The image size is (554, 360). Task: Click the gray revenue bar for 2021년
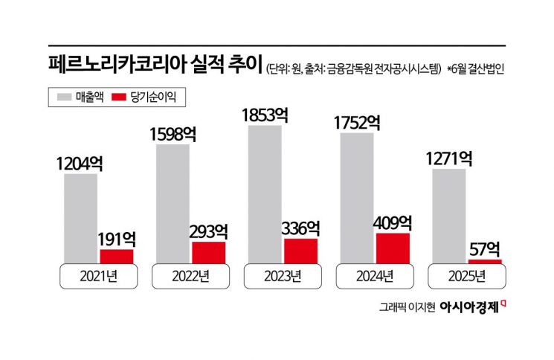tap(80, 219)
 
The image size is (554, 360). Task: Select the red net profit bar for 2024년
tap(393, 248)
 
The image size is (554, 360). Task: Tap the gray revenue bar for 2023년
tap(265, 194)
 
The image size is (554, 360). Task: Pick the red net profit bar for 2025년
tap(485, 261)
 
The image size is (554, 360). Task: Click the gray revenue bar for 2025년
tap(448, 216)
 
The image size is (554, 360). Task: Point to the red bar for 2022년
tap(208, 252)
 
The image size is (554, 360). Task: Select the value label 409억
tap(394, 222)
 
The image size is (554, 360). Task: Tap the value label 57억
tap(485, 248)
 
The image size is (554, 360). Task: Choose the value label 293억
tap(209, 231)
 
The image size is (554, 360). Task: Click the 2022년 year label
tap(190, 277)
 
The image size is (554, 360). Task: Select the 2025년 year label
tap(466, 277)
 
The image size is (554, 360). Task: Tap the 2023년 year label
tap(282, 277)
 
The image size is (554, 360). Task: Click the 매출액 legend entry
tap(76, 96)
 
